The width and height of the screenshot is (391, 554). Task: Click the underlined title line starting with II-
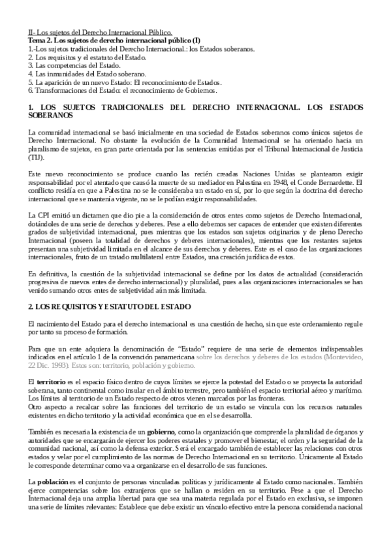click(x=100, y=31)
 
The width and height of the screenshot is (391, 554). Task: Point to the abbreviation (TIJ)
click(x=37, y=157)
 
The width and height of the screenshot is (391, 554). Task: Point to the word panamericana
click(x=171, y=356)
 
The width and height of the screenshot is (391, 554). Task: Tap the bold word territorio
click(x=51, y=380)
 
